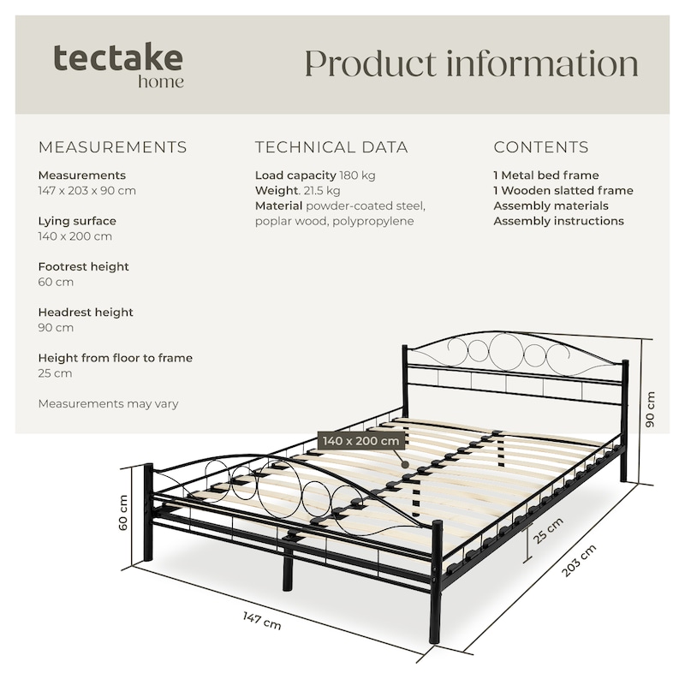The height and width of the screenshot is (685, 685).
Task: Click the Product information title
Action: [472, 63]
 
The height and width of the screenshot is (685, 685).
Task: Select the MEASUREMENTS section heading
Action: [113, 147]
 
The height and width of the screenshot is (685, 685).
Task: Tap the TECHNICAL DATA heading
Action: [331, 147]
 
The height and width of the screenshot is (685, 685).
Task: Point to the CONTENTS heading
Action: [541, 147]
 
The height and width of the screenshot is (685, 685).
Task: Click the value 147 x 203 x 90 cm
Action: [87, 190]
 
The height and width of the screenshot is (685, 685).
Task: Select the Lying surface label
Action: [77, 221]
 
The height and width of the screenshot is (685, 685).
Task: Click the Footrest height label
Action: [83, 266]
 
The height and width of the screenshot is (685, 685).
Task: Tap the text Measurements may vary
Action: [109, 403]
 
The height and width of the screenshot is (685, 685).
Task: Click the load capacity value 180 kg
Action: [357, 176]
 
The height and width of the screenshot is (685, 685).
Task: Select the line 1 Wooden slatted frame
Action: [563, 190]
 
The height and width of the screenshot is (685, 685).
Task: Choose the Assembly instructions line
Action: [559, 221]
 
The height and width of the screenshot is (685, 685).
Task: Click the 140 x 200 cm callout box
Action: [360, 441]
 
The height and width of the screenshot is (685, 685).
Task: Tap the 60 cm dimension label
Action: [123, 512]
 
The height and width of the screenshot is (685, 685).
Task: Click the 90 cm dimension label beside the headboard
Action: [650, 409]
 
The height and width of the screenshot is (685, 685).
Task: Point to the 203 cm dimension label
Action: [579, 561]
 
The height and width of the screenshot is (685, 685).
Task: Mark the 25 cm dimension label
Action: [548, 530]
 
